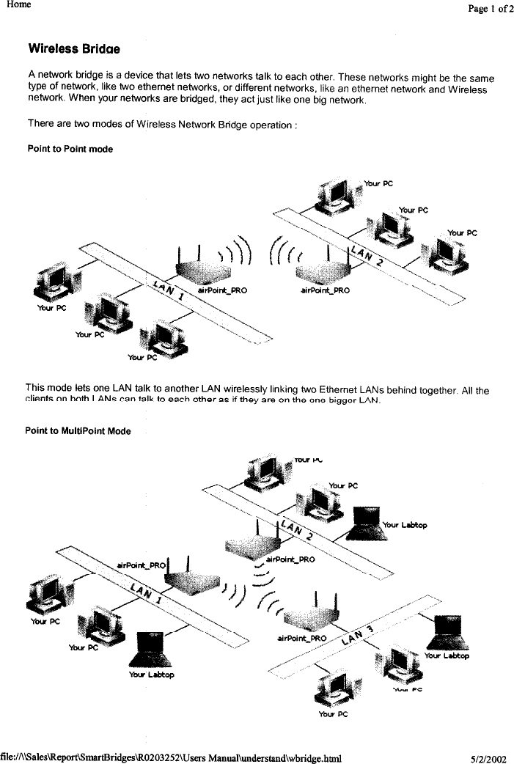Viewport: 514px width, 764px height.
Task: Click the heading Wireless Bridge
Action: (73, 49)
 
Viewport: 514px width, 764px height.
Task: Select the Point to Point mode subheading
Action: (70, 149)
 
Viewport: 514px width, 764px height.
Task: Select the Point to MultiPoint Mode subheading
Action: (78, 430)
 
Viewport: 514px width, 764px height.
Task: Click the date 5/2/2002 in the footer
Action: (489, 755)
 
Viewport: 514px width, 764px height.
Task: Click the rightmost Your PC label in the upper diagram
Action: (462, 232)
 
